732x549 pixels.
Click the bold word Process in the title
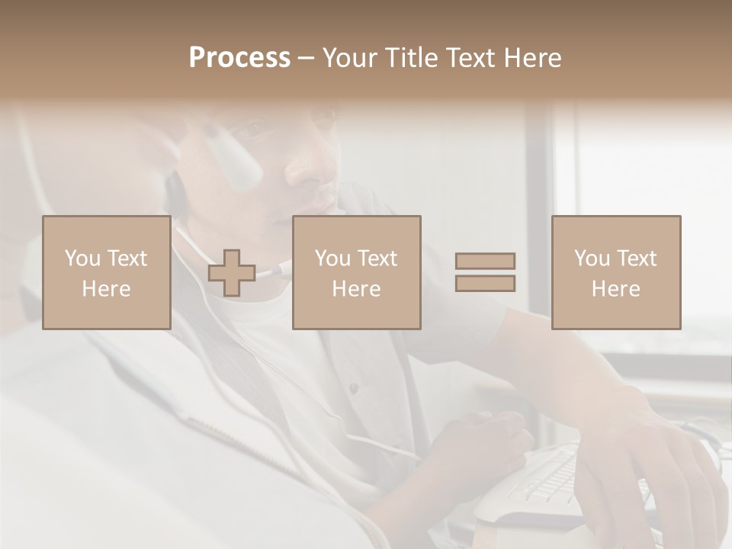(239, 58)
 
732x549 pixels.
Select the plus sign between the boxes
(232, 273)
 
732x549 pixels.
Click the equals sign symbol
(485, 272)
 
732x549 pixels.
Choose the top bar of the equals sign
(485, 262)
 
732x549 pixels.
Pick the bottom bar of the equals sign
(485, 283)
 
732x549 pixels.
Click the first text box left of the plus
(107, 273)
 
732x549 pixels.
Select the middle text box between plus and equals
(357, 273)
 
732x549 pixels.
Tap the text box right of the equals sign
(616, 273)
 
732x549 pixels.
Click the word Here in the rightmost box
(616, 289)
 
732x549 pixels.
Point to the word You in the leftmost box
(82, 258)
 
